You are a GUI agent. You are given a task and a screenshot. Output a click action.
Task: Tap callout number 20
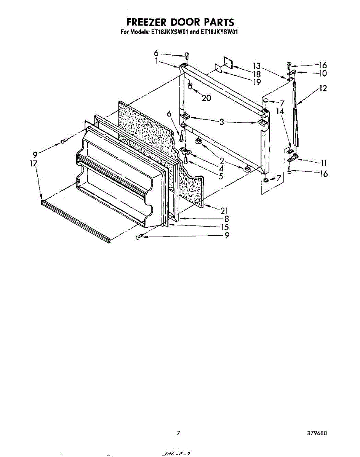point(206,98)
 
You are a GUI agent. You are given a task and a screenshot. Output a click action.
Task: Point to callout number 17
point(34,163)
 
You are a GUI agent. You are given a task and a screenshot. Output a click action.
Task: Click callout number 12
point(323,88)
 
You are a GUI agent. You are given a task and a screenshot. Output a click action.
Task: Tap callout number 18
point(257,74)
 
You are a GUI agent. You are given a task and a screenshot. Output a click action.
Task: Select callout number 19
point(257,81)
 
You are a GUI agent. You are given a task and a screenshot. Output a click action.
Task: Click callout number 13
point(257,65)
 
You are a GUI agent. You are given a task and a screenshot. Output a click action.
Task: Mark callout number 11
point(324,163)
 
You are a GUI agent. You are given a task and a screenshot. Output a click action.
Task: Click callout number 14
point(280,112)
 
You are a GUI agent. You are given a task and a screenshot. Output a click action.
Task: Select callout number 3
point(221,122)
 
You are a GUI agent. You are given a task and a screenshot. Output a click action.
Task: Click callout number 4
point(221,168)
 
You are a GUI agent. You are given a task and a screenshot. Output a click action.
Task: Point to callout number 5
point(221,176)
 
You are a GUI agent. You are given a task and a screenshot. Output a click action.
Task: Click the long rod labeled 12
point(296,114)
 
